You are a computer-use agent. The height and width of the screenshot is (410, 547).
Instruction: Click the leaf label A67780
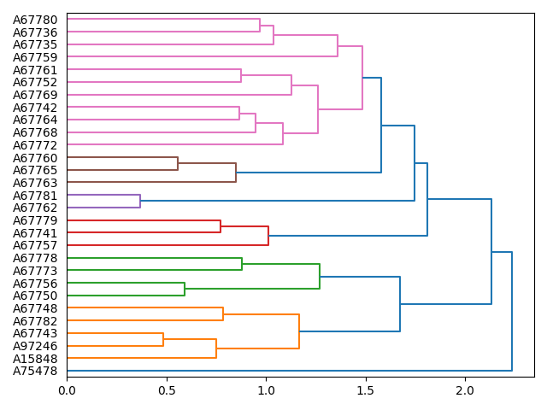click(x=35, y=20)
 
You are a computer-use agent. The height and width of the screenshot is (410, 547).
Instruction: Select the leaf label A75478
click(x=35, y=371)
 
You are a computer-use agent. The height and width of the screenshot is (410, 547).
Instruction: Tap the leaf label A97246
click(x=35, y=346)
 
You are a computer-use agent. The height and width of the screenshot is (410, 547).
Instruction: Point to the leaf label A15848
click(x=35, y=359)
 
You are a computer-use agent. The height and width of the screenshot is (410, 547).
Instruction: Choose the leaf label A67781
click(x=35, y=196)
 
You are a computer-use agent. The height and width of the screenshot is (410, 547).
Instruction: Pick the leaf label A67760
click(x=35, y=158)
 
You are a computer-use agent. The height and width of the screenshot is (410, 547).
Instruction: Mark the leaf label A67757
click(x=35, y=245)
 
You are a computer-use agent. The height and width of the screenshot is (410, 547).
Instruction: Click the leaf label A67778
click(x=35, y=258)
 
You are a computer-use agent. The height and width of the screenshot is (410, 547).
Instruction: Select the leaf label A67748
click(x=35, y=308)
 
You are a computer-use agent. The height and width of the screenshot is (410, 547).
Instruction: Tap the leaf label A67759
click(x=35, y=57)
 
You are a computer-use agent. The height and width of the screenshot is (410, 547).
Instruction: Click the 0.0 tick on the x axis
click(x=67, y=390)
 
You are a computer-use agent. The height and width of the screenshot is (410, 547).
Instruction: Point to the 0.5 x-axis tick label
click(x=167, y=390)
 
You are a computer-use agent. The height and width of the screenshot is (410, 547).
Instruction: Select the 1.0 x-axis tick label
click(x=266, y=390)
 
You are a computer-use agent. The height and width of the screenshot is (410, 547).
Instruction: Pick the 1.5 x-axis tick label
click(x=366, y=390)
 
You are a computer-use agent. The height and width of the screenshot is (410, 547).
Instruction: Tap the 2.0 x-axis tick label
click(x=466, y=390)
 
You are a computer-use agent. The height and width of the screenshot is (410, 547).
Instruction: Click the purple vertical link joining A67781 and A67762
click(x=140, y=202)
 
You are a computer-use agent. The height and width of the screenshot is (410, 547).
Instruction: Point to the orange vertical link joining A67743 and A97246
click(x=163, y=339)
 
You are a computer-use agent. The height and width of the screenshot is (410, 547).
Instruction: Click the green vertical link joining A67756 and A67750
click(x=185, y=289)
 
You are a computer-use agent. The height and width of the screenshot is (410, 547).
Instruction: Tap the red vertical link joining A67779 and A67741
click(x=221, y=226)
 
